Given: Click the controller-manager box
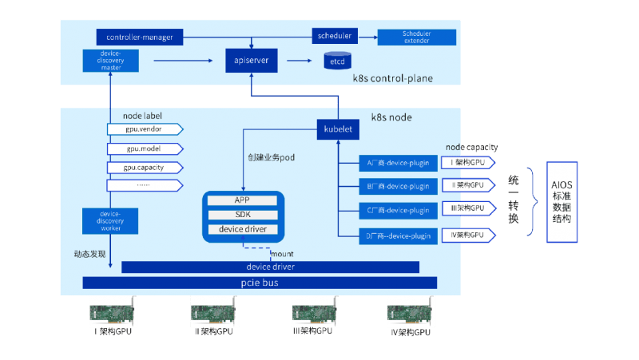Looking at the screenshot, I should click(140, 37).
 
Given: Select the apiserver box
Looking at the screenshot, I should click(252, 60).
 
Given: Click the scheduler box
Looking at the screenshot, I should click(334, 36).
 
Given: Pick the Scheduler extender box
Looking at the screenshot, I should click(416, 37).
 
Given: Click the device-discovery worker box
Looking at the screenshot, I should click(111, 221).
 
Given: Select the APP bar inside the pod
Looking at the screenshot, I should click(243, 200).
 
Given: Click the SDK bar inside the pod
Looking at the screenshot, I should click(243, 215).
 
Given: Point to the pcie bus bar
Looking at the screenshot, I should click(260, 283).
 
